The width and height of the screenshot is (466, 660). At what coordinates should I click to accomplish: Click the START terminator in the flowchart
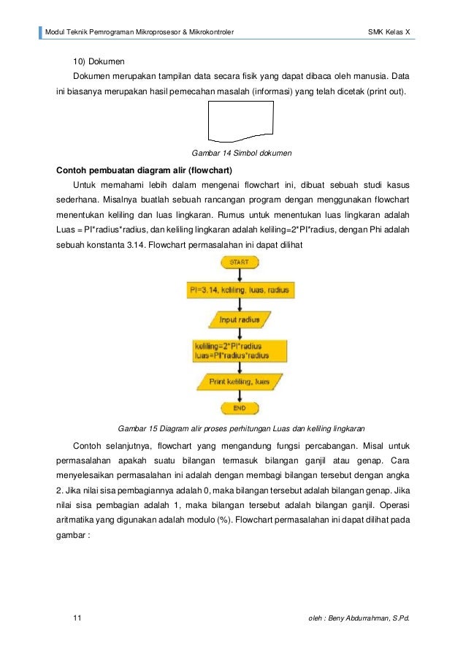pyautogui.click(x=239, y=262)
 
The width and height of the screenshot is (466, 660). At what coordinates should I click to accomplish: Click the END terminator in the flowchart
pyautogui.click(x=239, y=408)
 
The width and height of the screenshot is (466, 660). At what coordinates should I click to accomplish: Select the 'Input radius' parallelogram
pyautogui.click(x=240, y=319)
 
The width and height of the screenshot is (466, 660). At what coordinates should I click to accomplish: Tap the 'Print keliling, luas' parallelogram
pyautogui.click(x=239, y=381)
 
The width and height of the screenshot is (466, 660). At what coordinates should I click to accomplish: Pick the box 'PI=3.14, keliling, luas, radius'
pyautogui.click(x=239, y=290)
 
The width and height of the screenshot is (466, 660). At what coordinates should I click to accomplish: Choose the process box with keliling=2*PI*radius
pyautogui.click(x=239, y=350)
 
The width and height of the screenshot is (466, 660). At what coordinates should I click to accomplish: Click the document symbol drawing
pyautogui.click(x=240, y=121)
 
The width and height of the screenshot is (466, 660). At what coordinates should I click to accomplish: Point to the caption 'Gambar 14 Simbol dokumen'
pyautogui.click(x=241, y=153)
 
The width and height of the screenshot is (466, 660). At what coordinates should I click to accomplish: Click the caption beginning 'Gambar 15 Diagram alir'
pyautogui.click(x=241, y=428)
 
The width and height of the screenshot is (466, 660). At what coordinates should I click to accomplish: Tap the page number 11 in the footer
pyautogui.click(x=77, y=619)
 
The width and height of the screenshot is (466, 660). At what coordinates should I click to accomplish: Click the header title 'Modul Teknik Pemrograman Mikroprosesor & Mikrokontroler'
pyautogui.click(x=140, y=32)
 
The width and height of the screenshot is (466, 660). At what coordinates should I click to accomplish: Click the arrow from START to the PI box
pyautogui.click(x=239, y=275)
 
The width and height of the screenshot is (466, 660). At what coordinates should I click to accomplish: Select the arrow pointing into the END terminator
pyautogui.click(x=239, y=396)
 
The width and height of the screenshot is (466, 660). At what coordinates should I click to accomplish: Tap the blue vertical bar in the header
pyautogui.click(x=41, y=32)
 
